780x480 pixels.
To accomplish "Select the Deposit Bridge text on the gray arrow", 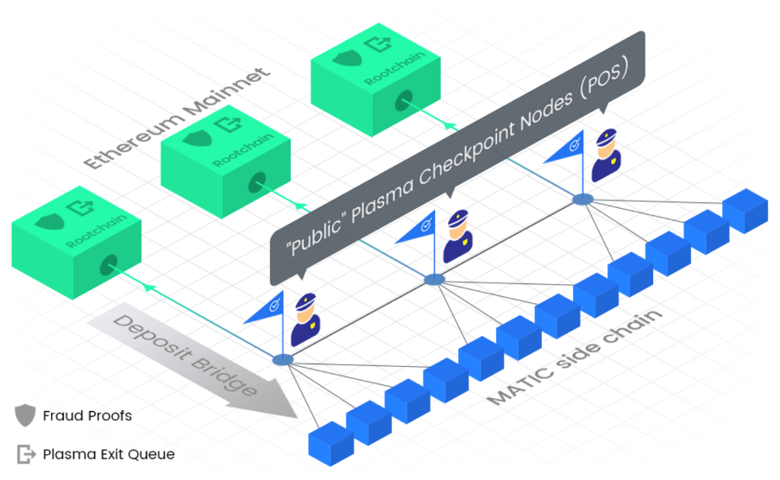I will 186,355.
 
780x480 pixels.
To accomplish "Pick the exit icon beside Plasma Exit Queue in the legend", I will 26,454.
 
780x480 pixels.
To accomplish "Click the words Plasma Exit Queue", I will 109,454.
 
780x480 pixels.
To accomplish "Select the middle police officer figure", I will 457,237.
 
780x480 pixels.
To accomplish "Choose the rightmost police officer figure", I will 606,155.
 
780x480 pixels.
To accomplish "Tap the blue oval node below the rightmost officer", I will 583,199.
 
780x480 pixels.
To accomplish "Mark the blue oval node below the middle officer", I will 434,279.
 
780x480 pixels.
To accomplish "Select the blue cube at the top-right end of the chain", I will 745,210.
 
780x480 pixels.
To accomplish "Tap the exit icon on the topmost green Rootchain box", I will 376,44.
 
